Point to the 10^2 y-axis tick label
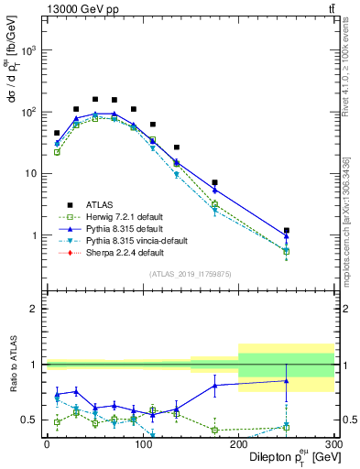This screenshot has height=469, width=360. click(x=29, y=112)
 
